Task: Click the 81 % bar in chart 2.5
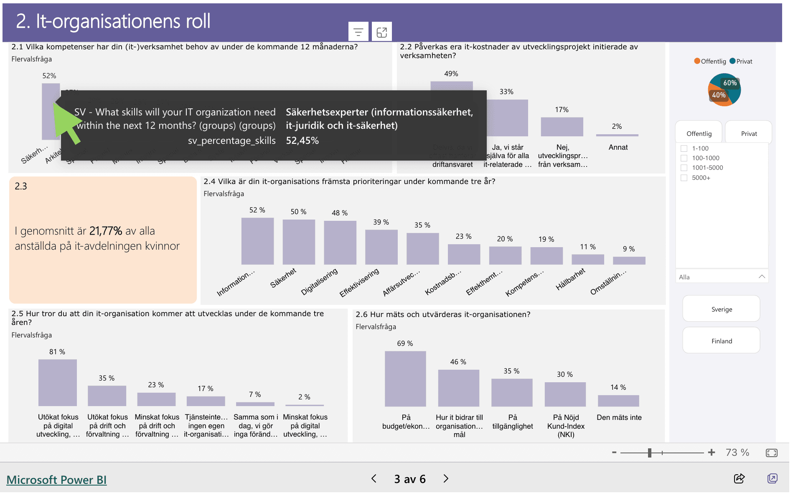[58, 382]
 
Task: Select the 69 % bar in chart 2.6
[405, 378]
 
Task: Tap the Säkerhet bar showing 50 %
[298, 242]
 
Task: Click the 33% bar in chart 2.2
[507, 118]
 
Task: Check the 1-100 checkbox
[684, 148]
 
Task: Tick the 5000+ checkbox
[684, 178]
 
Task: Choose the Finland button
[721, 341]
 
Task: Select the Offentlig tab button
[699, 133]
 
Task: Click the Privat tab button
[748, 133]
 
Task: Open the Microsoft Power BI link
[56, 479]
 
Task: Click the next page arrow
[446, 478]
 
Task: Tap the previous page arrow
[374, 478]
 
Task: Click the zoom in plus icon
[712, 452]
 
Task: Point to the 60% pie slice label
[730, 83]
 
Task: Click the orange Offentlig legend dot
[697, 61]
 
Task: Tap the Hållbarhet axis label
[570, 279]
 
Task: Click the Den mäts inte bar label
[619, 417]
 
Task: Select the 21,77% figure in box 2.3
[106, 231]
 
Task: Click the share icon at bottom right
[739, 478]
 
